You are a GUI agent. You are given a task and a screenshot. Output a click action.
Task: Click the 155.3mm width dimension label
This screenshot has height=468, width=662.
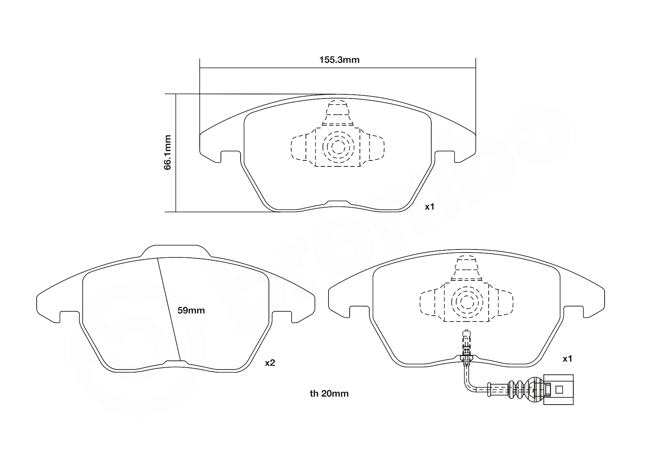339,60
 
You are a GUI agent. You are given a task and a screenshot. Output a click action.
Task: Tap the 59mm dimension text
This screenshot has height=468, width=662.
191,311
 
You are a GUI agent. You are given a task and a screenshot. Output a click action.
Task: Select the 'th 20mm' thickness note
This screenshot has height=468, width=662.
329,394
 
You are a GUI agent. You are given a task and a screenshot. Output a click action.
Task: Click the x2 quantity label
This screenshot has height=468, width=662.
270,363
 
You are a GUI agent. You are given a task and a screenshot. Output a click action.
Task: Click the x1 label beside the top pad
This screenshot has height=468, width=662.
430,207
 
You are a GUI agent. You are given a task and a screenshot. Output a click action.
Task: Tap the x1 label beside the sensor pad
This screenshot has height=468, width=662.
568,359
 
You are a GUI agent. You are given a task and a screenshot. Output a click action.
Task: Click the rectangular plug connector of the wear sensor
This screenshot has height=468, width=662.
558,389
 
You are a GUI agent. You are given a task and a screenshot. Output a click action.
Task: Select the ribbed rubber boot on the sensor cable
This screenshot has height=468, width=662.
517,389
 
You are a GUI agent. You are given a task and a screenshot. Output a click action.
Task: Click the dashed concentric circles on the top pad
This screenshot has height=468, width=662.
338,146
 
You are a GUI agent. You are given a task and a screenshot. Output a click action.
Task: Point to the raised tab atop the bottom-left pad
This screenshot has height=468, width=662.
174,251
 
